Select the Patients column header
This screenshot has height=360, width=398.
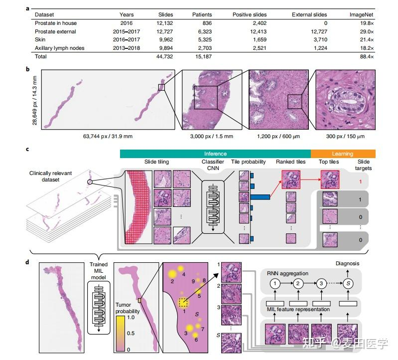(x=202, y=14)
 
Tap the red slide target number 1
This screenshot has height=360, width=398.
(x=360, y=181)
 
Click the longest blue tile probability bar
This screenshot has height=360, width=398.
(x=259, y=197)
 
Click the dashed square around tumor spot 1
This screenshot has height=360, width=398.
(x=183, y=303)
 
